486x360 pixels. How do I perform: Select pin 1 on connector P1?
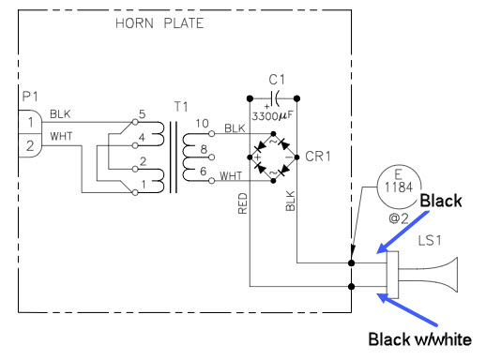[28, 122]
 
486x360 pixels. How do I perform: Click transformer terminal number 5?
[144, 115]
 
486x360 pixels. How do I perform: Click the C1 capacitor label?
[275, 82]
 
